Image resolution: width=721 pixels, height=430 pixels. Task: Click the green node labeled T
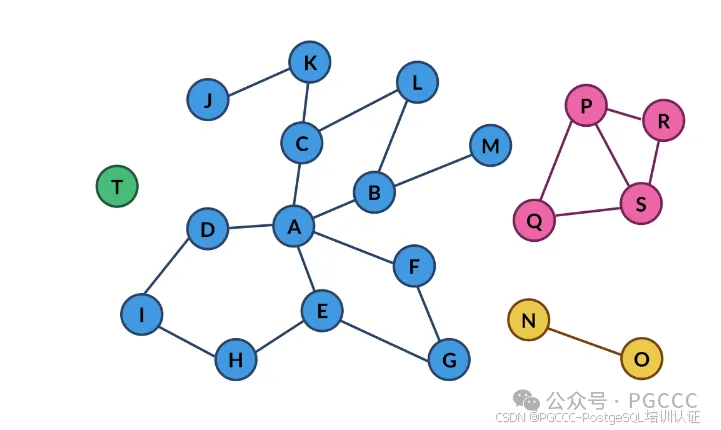tap(117, 186)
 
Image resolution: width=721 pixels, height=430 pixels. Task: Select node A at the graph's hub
tap(294, 226)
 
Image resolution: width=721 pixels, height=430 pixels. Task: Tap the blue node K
tap(310, 62)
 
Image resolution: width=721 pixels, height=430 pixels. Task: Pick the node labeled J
tap(208, 99)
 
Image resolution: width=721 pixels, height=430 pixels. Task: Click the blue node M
tap(491, 145)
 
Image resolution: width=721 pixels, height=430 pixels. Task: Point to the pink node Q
tap(534, 220)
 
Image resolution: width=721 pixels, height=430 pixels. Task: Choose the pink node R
tap(664, 120)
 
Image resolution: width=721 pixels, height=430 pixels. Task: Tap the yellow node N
tap(529, 320)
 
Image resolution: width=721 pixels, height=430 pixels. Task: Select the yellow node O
tap(641, 358)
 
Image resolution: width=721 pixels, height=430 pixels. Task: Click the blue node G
tap(449, 359)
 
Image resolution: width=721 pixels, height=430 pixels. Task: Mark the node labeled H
tap(236, 359)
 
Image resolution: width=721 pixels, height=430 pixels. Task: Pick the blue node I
tap(142, 315)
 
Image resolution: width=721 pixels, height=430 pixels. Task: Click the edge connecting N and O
tap(585, 341)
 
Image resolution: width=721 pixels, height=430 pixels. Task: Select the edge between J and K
tap(259, 83)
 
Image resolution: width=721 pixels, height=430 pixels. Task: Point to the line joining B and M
tap(433, 171)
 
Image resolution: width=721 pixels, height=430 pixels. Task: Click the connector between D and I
tap(167, 266)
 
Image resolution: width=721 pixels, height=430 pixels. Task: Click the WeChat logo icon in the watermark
tap(526, 400)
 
